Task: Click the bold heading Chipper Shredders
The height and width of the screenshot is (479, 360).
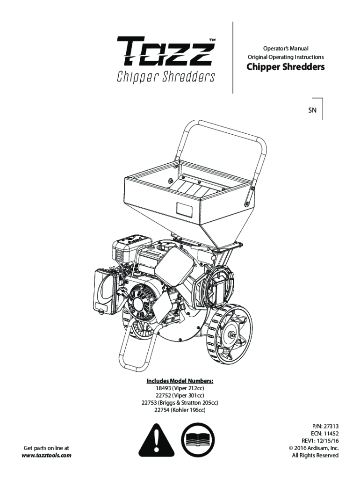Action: click(285, 67)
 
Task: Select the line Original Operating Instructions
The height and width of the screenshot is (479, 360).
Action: click(285, 57)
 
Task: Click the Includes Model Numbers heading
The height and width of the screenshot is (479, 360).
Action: click(180, 381)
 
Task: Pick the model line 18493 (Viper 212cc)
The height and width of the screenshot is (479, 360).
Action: click(180, 388)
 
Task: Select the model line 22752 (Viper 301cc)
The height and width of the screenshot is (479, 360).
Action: click(180, 395)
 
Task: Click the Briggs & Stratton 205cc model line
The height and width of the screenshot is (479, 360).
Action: click(180, 403)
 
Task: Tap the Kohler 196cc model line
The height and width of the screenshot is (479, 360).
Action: click(180, 410)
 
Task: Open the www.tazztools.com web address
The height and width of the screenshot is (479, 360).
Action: click(47, 455)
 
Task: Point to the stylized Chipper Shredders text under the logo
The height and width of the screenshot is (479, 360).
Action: click(166, 76)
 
